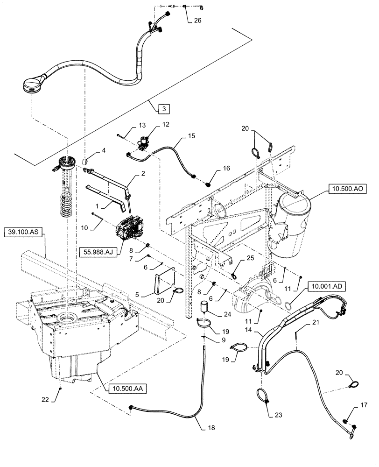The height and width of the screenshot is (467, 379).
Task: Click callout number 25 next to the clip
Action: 250,258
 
